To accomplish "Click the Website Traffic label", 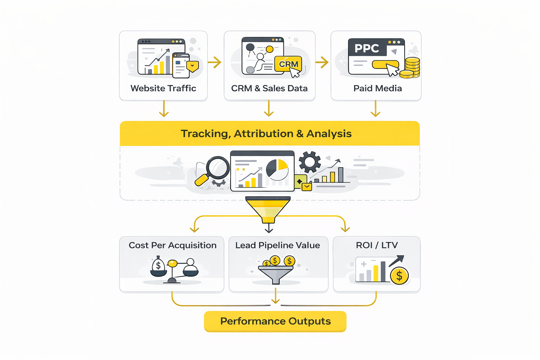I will [x=163, y=88].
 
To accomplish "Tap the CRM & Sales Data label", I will [x=269, y=88].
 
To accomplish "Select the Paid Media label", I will [x=378, y=88].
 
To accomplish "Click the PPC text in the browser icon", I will [x=367, y=48].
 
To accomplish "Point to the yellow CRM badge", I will [x=288, y=64].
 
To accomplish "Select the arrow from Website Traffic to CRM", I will [x=214, y=63].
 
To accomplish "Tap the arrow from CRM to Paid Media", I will [x=322, y=63].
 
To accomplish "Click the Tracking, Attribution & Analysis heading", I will [x=266, y=134].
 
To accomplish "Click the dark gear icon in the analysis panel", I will [x=310, y=162].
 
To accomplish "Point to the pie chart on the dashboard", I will [x=277, y=170].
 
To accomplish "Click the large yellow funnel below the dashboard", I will [x=268, y=209].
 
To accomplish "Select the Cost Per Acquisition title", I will [x=173, y=245].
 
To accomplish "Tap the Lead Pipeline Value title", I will [x=278, y=245].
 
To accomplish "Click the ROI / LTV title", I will [x=377, y=245].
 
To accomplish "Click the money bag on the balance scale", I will [x=158, y=266].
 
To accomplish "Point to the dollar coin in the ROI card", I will [x=399, y=276].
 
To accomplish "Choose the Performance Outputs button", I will [x=275, y=321].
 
